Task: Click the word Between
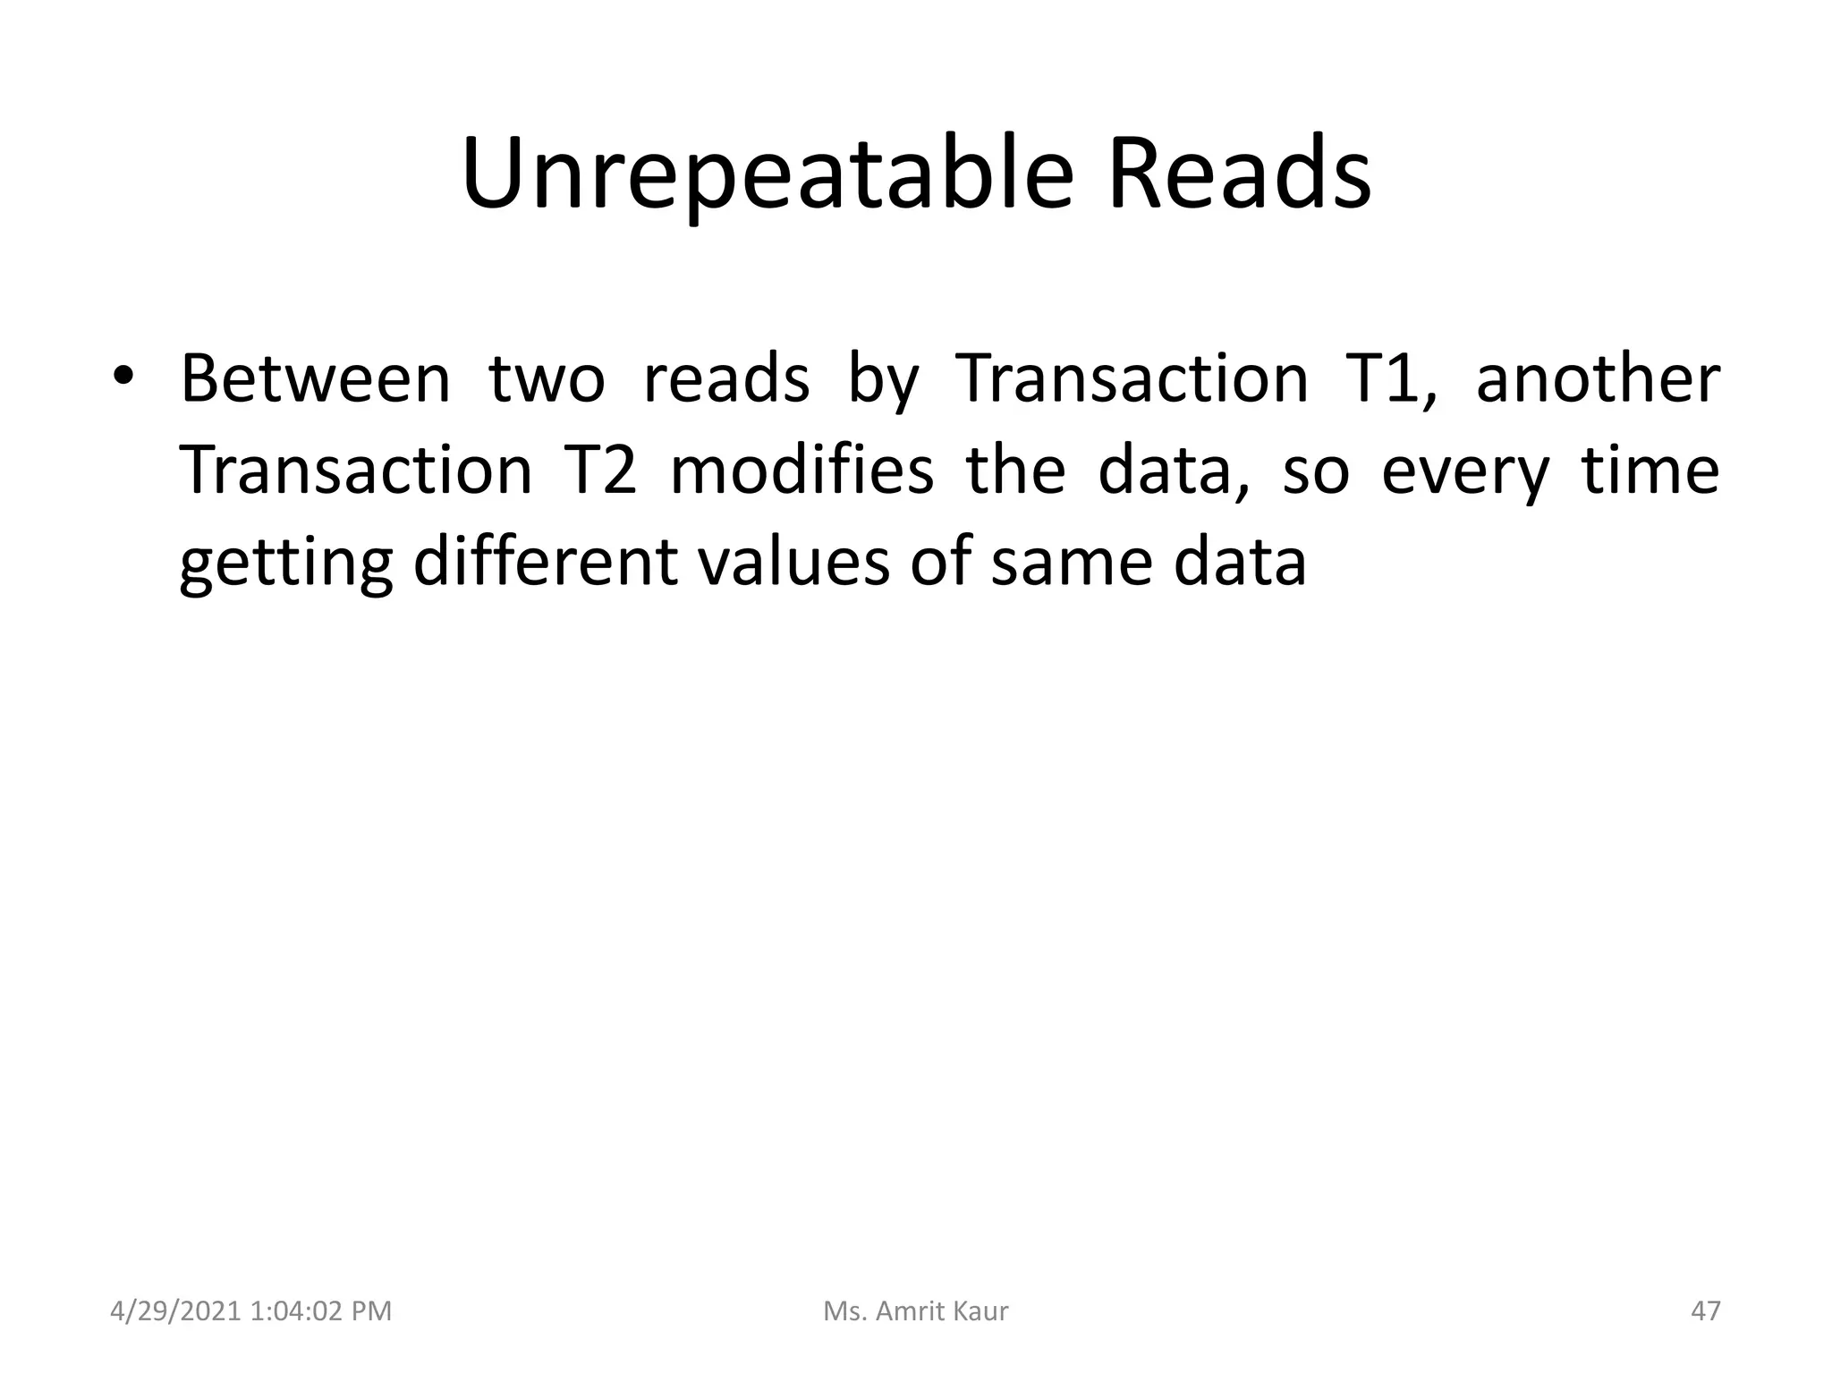click(315, 379)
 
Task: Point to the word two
click(547, 379)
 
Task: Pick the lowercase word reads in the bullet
click(726, 379)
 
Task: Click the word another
click(1598, 379)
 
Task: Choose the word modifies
click(801, 471)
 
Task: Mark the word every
click(1464, 472)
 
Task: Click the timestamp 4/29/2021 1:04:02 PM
click(250, 1311)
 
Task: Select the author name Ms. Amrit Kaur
click(915, 1311)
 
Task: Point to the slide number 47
click(1706, 1311)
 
